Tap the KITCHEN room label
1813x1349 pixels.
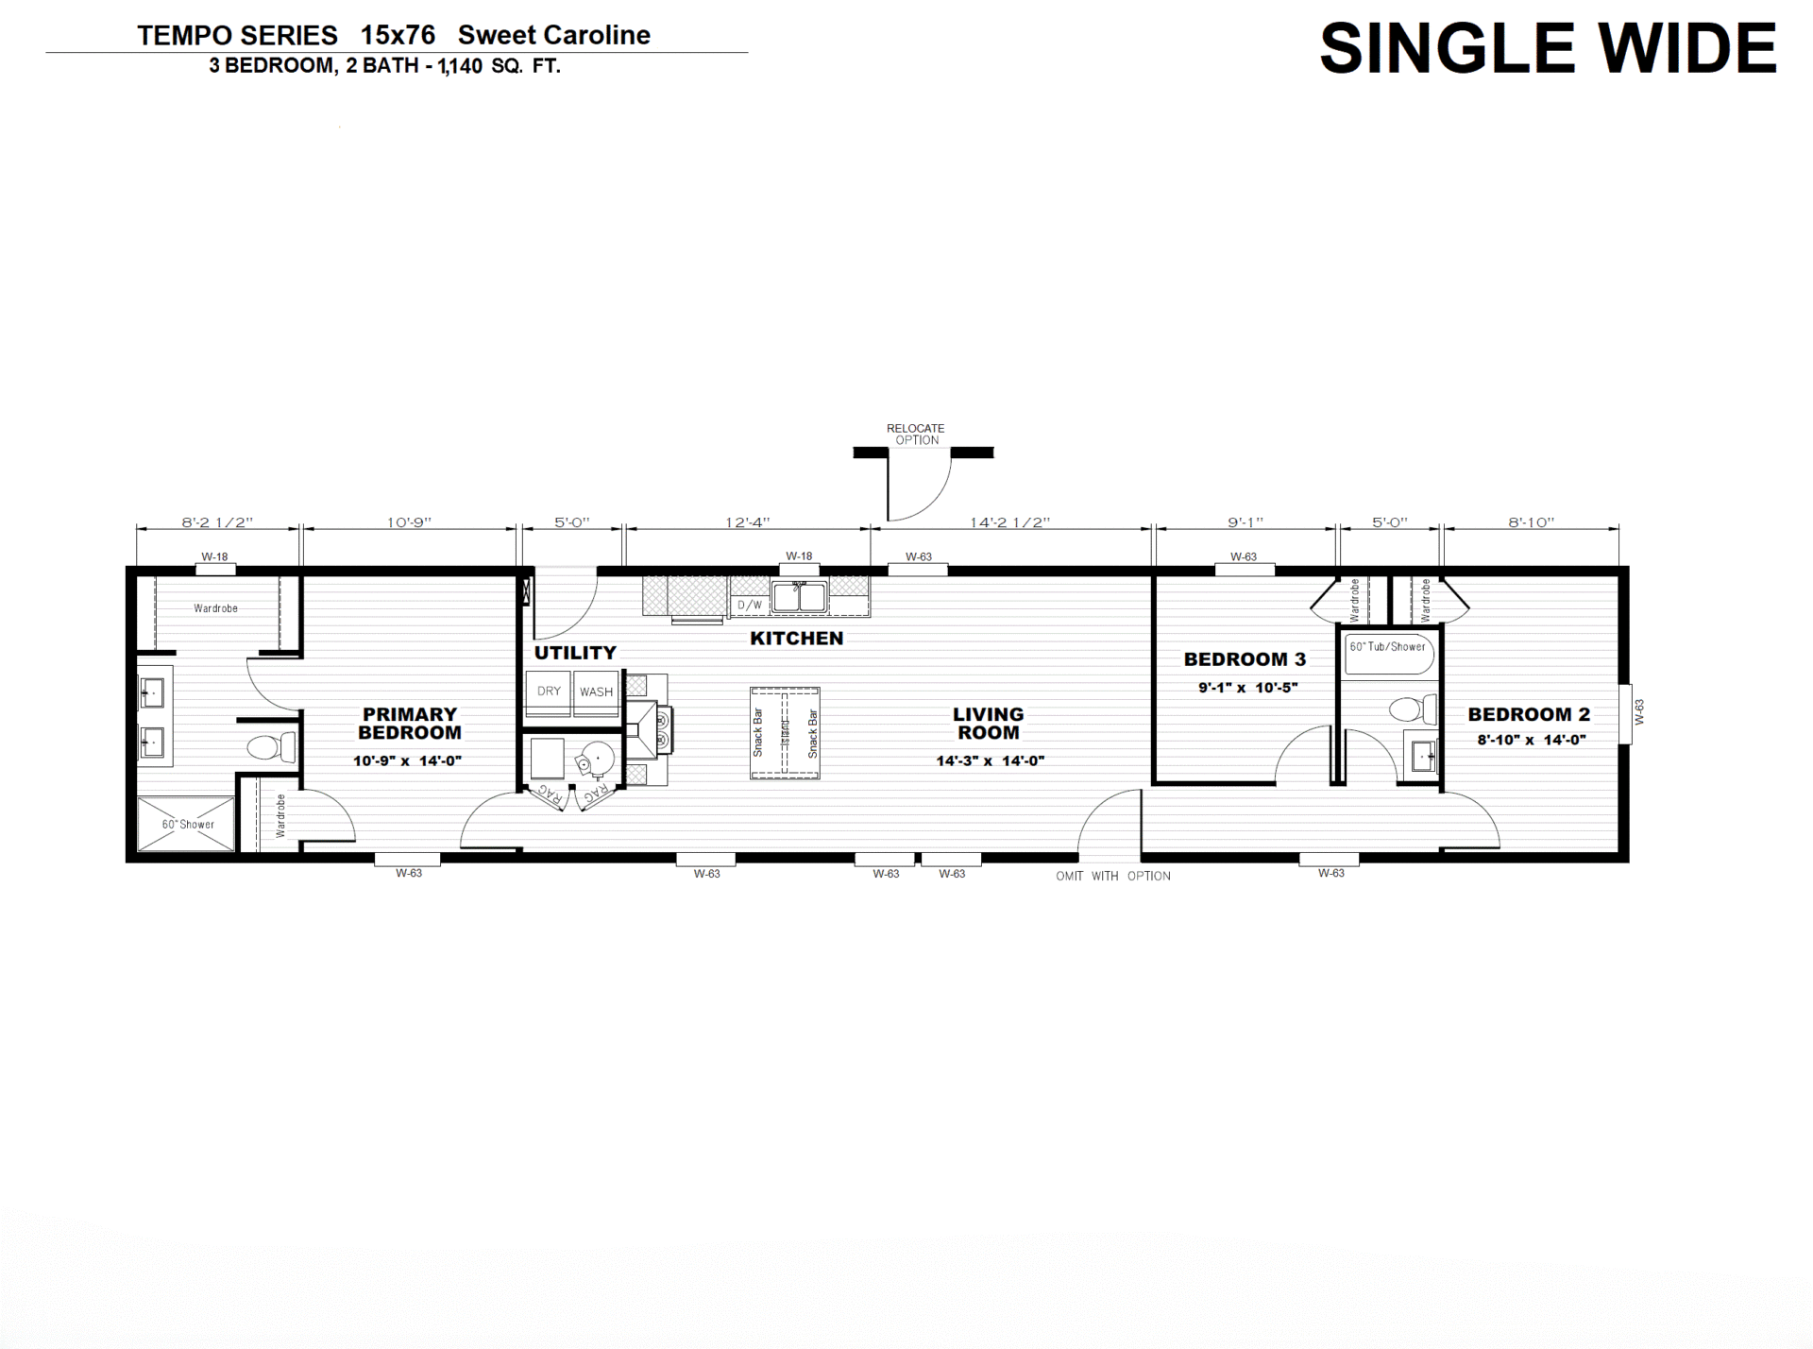coord(796,639)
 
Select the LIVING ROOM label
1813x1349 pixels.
coord(988,724)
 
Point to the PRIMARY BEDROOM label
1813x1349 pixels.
coord(410,724)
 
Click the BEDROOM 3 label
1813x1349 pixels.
coord(1245,659)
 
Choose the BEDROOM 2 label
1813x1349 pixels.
coord(1529,715)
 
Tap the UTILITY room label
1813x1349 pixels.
coord(575,653)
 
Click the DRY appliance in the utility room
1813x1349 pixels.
coord(548,693)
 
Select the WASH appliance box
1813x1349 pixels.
coord(596,693)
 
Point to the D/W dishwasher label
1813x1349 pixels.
coord(750,606)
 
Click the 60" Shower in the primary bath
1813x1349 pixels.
coord(186,824)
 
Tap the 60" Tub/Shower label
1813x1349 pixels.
coord(1387,647)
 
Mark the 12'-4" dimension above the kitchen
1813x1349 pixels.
coord(747,522)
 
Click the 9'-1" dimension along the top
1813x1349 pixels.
coord(1245,522)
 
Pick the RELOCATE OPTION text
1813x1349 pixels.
coord(916,435)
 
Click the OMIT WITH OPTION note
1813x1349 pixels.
coord(1113,877)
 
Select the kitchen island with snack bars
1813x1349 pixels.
coord(785,733)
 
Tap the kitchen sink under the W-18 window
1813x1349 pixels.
coord(799,597)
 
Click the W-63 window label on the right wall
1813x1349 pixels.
coord(1639,712)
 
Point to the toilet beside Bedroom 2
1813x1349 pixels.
coord(1414,709)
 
